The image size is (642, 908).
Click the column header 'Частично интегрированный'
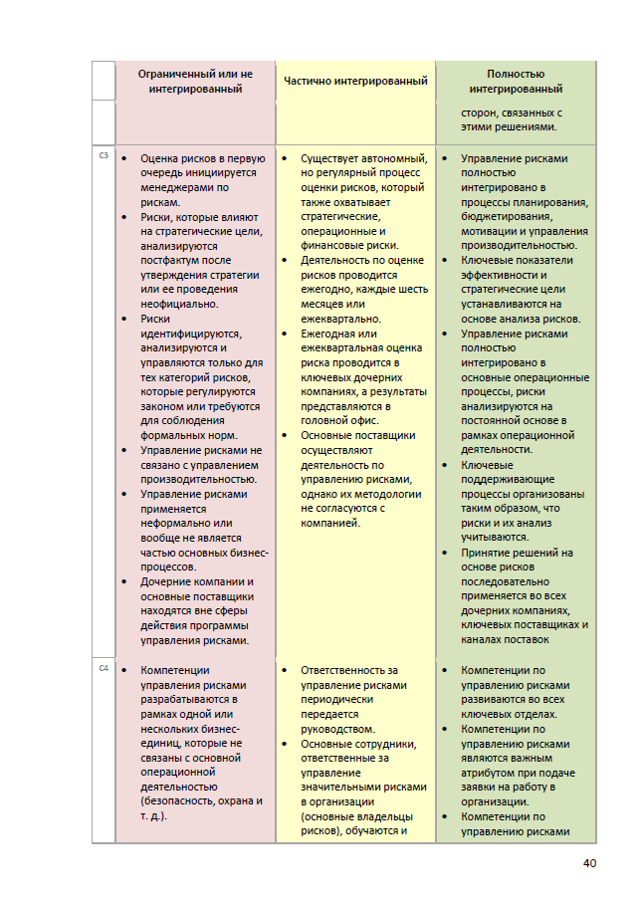355,81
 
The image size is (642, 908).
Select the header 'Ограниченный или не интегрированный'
195,81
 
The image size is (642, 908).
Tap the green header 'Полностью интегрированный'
516,81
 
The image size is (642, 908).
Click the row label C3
104,155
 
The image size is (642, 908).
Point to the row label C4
104,667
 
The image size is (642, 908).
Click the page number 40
588,862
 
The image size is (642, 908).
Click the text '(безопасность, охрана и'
201,800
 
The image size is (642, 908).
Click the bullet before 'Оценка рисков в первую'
122,158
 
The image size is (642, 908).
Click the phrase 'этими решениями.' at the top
508,126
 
